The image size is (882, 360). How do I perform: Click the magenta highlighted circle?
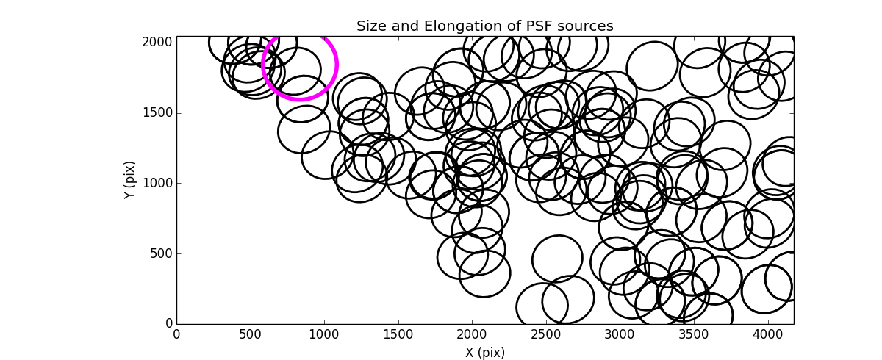(x=299, y=65)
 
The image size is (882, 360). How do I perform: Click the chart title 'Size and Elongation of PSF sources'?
(x=484, y=26)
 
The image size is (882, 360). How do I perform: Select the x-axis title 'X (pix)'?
(x=484, y=353)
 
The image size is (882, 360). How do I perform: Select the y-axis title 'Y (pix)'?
(x=129, y=180)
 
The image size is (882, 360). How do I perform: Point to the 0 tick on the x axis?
(x=176, y=333)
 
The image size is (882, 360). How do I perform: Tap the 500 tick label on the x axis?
(x=251, y=333)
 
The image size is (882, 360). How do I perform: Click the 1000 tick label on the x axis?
(x=324, y=333)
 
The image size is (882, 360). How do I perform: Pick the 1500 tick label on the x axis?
(x=398, y=333)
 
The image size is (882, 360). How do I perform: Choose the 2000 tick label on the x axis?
(x=472, y=333)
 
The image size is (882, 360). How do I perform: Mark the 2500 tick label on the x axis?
(x=546, y=333)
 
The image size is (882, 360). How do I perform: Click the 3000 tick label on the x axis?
(x=620, y=333)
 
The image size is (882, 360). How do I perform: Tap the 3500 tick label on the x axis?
(x=694, y=333)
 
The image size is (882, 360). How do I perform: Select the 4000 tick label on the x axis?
(x=768, y=333)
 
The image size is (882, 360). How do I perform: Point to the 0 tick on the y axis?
(x=168, y=324)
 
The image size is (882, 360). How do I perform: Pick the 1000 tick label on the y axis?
(x=158, y=183)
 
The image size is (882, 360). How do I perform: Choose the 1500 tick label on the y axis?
(x=158, y=112)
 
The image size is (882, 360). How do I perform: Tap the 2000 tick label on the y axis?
(x=158, y=43)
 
